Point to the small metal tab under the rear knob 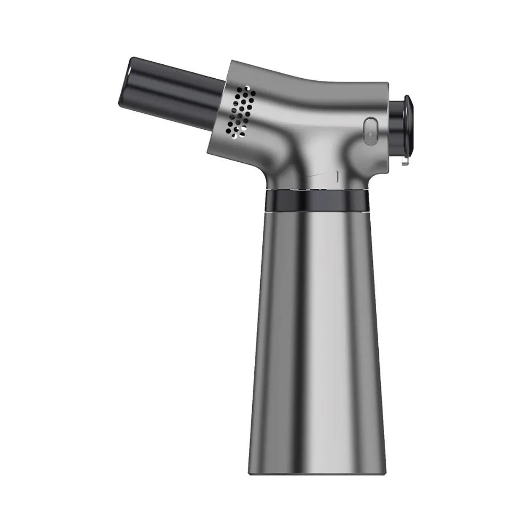point(405,160)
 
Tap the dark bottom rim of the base point(317,470)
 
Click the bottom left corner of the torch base point(250,472)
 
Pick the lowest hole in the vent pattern point(229,130)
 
